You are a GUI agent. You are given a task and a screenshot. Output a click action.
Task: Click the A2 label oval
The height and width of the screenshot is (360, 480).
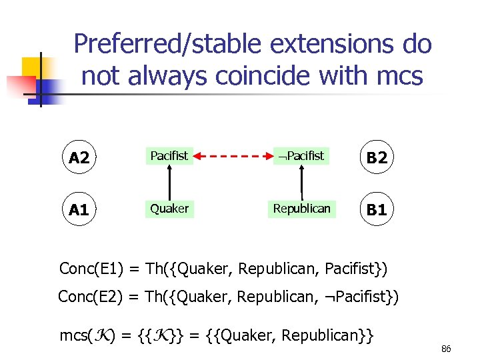[79, 157]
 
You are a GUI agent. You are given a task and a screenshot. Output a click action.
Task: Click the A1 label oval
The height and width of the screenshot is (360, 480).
[79, 209]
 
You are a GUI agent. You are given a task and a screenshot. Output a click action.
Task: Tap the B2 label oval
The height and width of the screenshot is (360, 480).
[377, 157]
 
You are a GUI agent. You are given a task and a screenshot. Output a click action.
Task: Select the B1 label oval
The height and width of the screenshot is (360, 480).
[377, 209]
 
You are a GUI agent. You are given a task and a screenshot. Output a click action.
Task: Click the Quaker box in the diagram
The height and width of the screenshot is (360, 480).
[169, 209]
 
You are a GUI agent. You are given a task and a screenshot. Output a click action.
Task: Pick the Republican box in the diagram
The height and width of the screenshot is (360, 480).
[301, 209]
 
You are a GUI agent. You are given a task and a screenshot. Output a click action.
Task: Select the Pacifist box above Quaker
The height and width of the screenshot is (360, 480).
[169, 156]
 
